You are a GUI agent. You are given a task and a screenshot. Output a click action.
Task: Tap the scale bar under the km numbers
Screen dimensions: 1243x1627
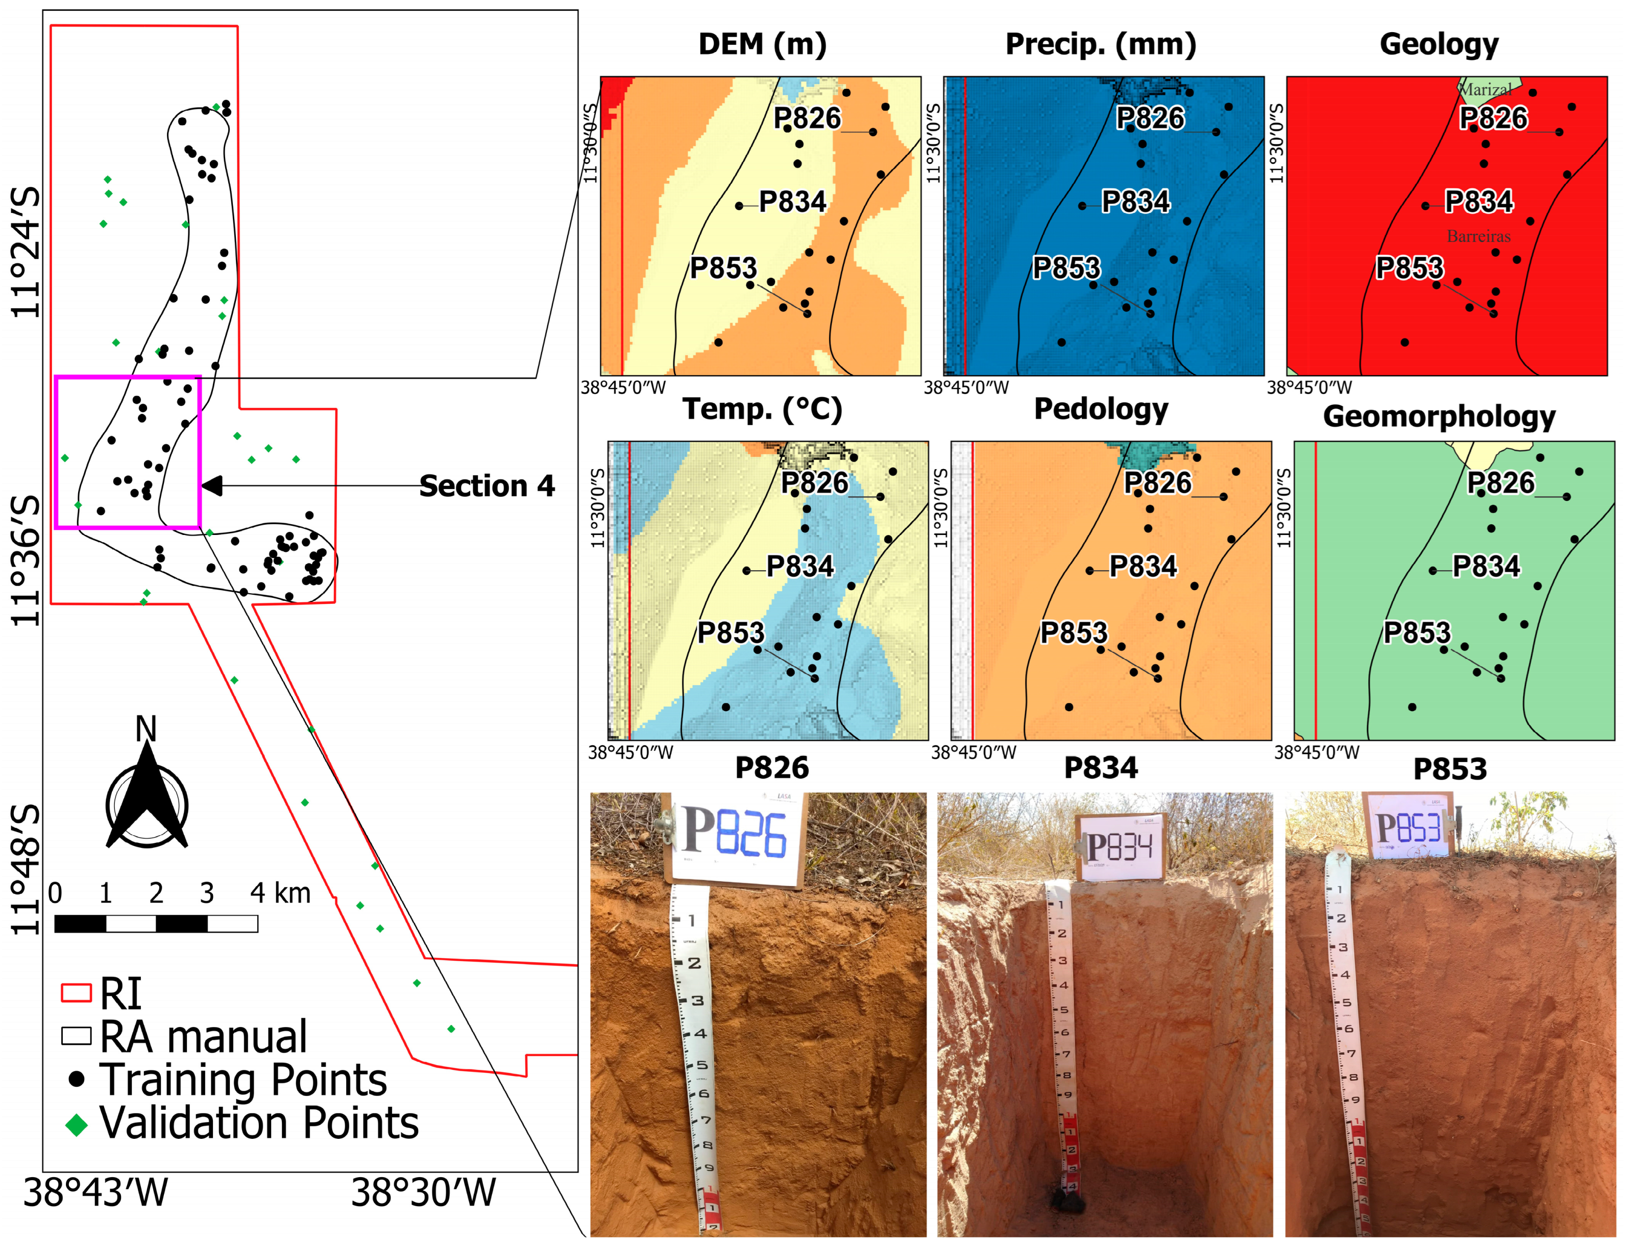point(156,923)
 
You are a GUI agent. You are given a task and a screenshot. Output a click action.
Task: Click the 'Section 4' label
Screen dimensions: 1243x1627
point(486,486)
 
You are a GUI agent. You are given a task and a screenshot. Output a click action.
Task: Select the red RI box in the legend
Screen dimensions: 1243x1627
point(76,993)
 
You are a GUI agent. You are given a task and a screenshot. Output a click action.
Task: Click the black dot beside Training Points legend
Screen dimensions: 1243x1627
point(76,1080)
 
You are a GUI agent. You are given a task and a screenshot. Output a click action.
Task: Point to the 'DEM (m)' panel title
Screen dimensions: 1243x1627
point(762,44)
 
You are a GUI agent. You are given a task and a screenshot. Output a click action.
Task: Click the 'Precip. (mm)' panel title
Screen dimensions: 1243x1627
point(1100,44)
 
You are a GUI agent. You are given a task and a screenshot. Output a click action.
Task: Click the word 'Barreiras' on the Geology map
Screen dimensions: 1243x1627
point(1478,236)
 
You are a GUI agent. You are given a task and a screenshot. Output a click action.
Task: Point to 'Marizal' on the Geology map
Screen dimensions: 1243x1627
point(1486,89)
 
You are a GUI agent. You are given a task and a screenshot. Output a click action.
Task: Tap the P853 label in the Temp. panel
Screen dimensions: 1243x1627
point(730,632)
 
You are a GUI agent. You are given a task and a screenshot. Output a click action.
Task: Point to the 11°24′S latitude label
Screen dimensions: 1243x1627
point(27,252)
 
